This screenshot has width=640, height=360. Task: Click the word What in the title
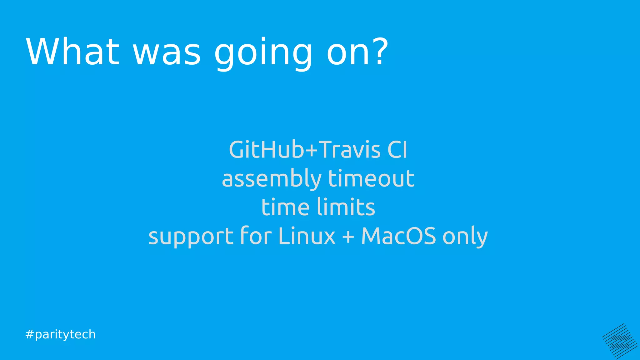click(x=72, y=52)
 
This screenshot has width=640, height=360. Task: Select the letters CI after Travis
click(x=397, y=150)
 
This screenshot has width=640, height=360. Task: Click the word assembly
click(x=272, y=179)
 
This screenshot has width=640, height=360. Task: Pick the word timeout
click(x=371, y=178)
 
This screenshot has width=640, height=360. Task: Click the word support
click(x=191, y=237)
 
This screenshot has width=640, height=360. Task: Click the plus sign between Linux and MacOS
click(x=348, y=237)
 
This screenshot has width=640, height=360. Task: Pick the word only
click(x=465, y=237)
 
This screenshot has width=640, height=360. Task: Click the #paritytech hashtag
click(x=60, y=334)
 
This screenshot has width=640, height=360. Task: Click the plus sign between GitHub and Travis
click(x=311, y=150)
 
